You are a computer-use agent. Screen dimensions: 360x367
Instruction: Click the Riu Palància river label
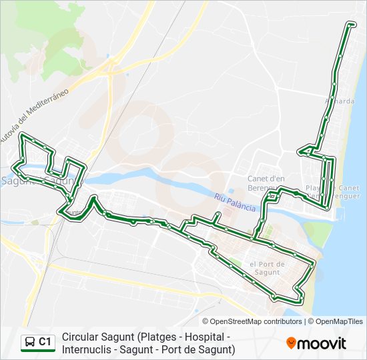coord(235,202)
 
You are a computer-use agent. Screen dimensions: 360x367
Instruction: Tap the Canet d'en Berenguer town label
coord(266,183)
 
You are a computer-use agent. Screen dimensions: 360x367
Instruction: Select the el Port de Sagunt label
coord(267,268)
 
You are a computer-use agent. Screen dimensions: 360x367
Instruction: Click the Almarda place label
coord(339,101)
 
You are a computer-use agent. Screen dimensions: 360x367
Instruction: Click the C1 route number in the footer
coord(45,342)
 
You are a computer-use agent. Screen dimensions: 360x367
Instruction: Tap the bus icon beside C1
coord(30,343)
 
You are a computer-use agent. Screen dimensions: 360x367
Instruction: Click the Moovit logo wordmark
coord(322,343)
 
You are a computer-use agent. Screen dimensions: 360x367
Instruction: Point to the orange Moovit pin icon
coord(291,343)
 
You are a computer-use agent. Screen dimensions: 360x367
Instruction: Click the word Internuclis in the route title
coord(89,349)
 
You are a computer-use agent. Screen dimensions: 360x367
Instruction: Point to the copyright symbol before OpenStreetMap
coord(206,321)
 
